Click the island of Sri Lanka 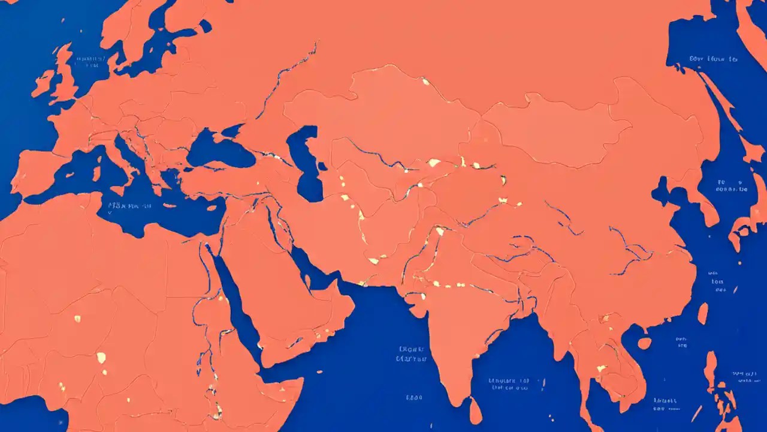[475, 412]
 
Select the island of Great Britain [65, 75]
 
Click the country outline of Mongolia [557, 129]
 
